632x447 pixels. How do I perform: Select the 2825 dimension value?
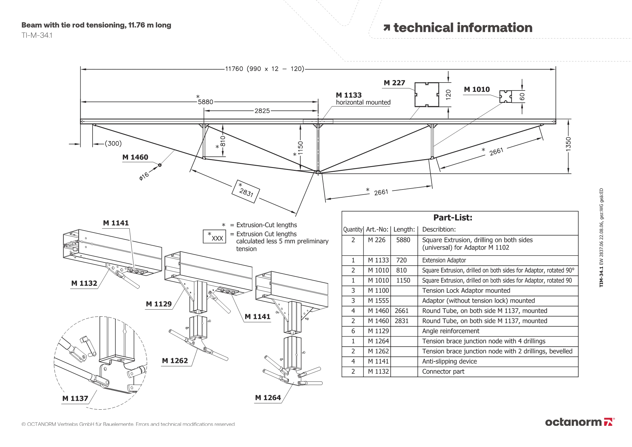pyautogui.click(x=262, y=111)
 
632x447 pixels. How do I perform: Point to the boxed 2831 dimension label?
pyautogui.click(x=246, y=191)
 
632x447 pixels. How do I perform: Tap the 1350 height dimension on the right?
pyautogui.click(x=568, y=144)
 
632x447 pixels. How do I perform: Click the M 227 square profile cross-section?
pyautogui.click(x=427, y=95)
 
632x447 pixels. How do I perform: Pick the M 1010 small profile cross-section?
pyautogui.click(x=506, y=96)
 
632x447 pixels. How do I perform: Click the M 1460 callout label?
pyautogui.click(x=135, y=157)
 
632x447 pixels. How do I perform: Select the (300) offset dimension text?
pyautogui.click(x=113, y=143)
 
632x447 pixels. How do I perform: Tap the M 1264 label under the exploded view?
pyautogui.click(x=268, y=398)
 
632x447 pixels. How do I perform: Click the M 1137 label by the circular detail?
pyautogui.click(x=75, y=398)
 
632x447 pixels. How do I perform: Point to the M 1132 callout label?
pyautogui.click(x=84, y=283)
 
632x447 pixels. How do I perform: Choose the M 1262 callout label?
pyautogui.click(x=175, y=361)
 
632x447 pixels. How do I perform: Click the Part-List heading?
pyautogui.click(x=453, y=218)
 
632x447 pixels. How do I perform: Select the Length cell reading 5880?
pyautogui.click(x=403, y=240)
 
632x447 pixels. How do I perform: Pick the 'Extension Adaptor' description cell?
pyautogui.click(x=444, y=260)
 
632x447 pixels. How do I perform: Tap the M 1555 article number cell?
pyautogui.click(x=378, y=301)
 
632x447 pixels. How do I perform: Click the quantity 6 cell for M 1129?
pyautogui.click(x=353, y=331)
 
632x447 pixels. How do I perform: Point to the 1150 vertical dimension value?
pyautogui.click(x=300, y=148)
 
